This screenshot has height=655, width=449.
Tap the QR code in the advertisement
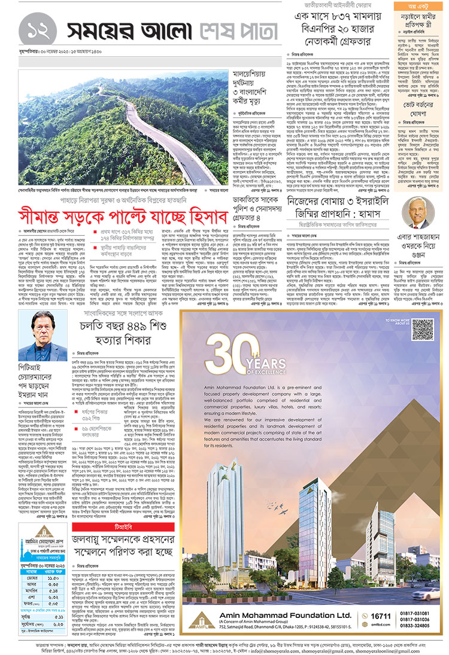pos(422,330)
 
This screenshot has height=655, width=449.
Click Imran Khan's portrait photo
pos(51,336)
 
